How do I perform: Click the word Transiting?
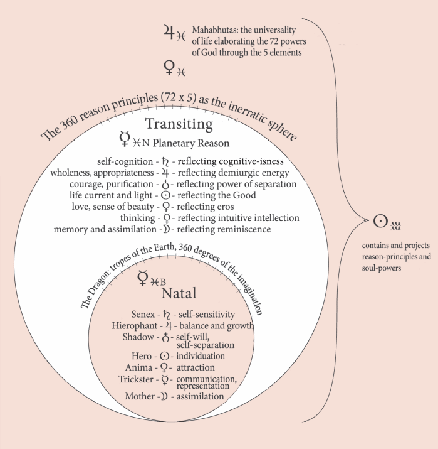[179, 124]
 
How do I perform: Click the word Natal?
[179, 293]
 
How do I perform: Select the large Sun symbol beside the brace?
[380, 221]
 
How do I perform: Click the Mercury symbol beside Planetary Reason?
[125, 139]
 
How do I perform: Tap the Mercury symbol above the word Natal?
[143, 278]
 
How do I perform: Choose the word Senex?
[143, 314]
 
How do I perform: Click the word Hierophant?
[135, 325]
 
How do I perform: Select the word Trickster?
[136, 379]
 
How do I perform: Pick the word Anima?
[138, 367]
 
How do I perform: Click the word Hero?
[142, 356]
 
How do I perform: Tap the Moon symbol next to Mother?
[164, 396]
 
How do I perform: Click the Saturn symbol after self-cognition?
[165, 162]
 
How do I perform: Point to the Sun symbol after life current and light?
[165, 195]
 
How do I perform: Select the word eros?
[226, 207]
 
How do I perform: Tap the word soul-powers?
[382, 268]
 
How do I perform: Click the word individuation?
[201, 356]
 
